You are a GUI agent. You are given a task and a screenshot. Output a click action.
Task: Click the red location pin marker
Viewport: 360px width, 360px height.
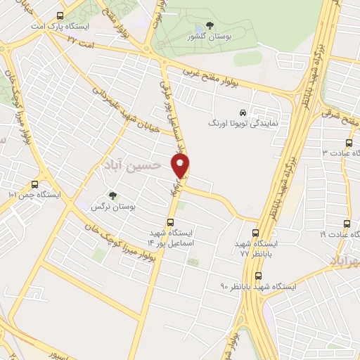click(x=181, y=166)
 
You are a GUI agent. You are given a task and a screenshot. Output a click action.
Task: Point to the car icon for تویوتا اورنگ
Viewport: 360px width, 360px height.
click(x=243, y=112)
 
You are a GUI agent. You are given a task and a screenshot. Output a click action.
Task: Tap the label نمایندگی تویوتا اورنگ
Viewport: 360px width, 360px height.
click(x=243, y=123)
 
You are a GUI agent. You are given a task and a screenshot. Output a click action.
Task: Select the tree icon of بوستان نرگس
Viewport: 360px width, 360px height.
click(x=112, y=195)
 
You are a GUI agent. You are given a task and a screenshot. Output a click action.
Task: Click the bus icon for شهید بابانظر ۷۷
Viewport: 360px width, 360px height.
click(x=255, y=233)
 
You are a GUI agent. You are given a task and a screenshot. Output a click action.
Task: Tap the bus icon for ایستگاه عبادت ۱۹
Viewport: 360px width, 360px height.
click(x=345, y=224)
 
